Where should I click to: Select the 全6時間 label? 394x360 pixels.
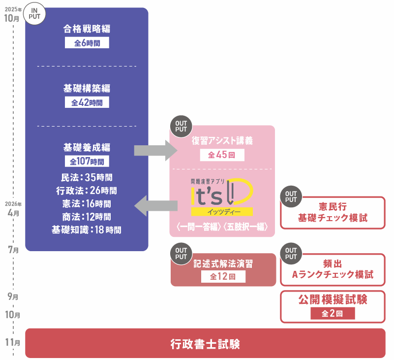pyautogui.click(x=87, y=43)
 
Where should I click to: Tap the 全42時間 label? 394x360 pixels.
pyautogui.click(x=87, y=102)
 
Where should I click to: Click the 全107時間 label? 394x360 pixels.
pyautogui.click(x=87, y=161)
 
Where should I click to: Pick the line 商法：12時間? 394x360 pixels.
pyautogui.click(x=87, y=217)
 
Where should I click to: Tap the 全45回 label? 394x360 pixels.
pyautogui.click(x=222, y=155)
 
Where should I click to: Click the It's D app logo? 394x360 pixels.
pyautogui.click(x=222, y=196)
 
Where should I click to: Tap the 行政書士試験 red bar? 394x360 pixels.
pyautogui.click(x=205, y=343)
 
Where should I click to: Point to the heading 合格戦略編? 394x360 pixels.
pyautogui.click(x=87, y=29)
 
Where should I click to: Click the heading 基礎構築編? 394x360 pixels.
pyautogui.click(x=87, y=89)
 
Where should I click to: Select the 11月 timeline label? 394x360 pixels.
pyautogui.click(x=15, y=343)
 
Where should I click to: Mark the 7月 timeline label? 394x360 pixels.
pyautogui.click(x=14, y=250)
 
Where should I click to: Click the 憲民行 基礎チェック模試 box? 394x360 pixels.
pyautogui.click(x=333, y=213)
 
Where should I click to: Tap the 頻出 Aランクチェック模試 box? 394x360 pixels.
pyautogui.click(x=333, y=269)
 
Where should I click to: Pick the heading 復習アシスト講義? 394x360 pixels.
pyautogui.click(x=222, y=141)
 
